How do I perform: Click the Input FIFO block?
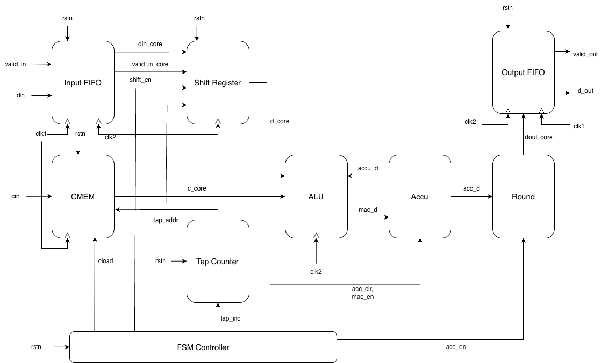[83, 82]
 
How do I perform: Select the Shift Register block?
[218, 82]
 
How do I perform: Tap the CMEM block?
[83, 197]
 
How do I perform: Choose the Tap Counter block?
[218, 262]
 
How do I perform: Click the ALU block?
[316, 197]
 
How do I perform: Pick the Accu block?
[420, 197]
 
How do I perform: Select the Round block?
[523, 197]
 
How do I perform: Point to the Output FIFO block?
[523, 72]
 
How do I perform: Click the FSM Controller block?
[203, 347]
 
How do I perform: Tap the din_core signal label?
[151, 44]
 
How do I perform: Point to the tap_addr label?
[166, 220]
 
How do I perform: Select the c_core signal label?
[197, 188]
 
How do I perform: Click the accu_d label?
[368, 168]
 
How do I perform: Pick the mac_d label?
[368, 210]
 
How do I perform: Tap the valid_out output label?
[585, 53]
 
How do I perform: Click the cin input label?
[16, 197]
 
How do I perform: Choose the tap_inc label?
[231, 318]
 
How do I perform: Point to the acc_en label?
[456, 346]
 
